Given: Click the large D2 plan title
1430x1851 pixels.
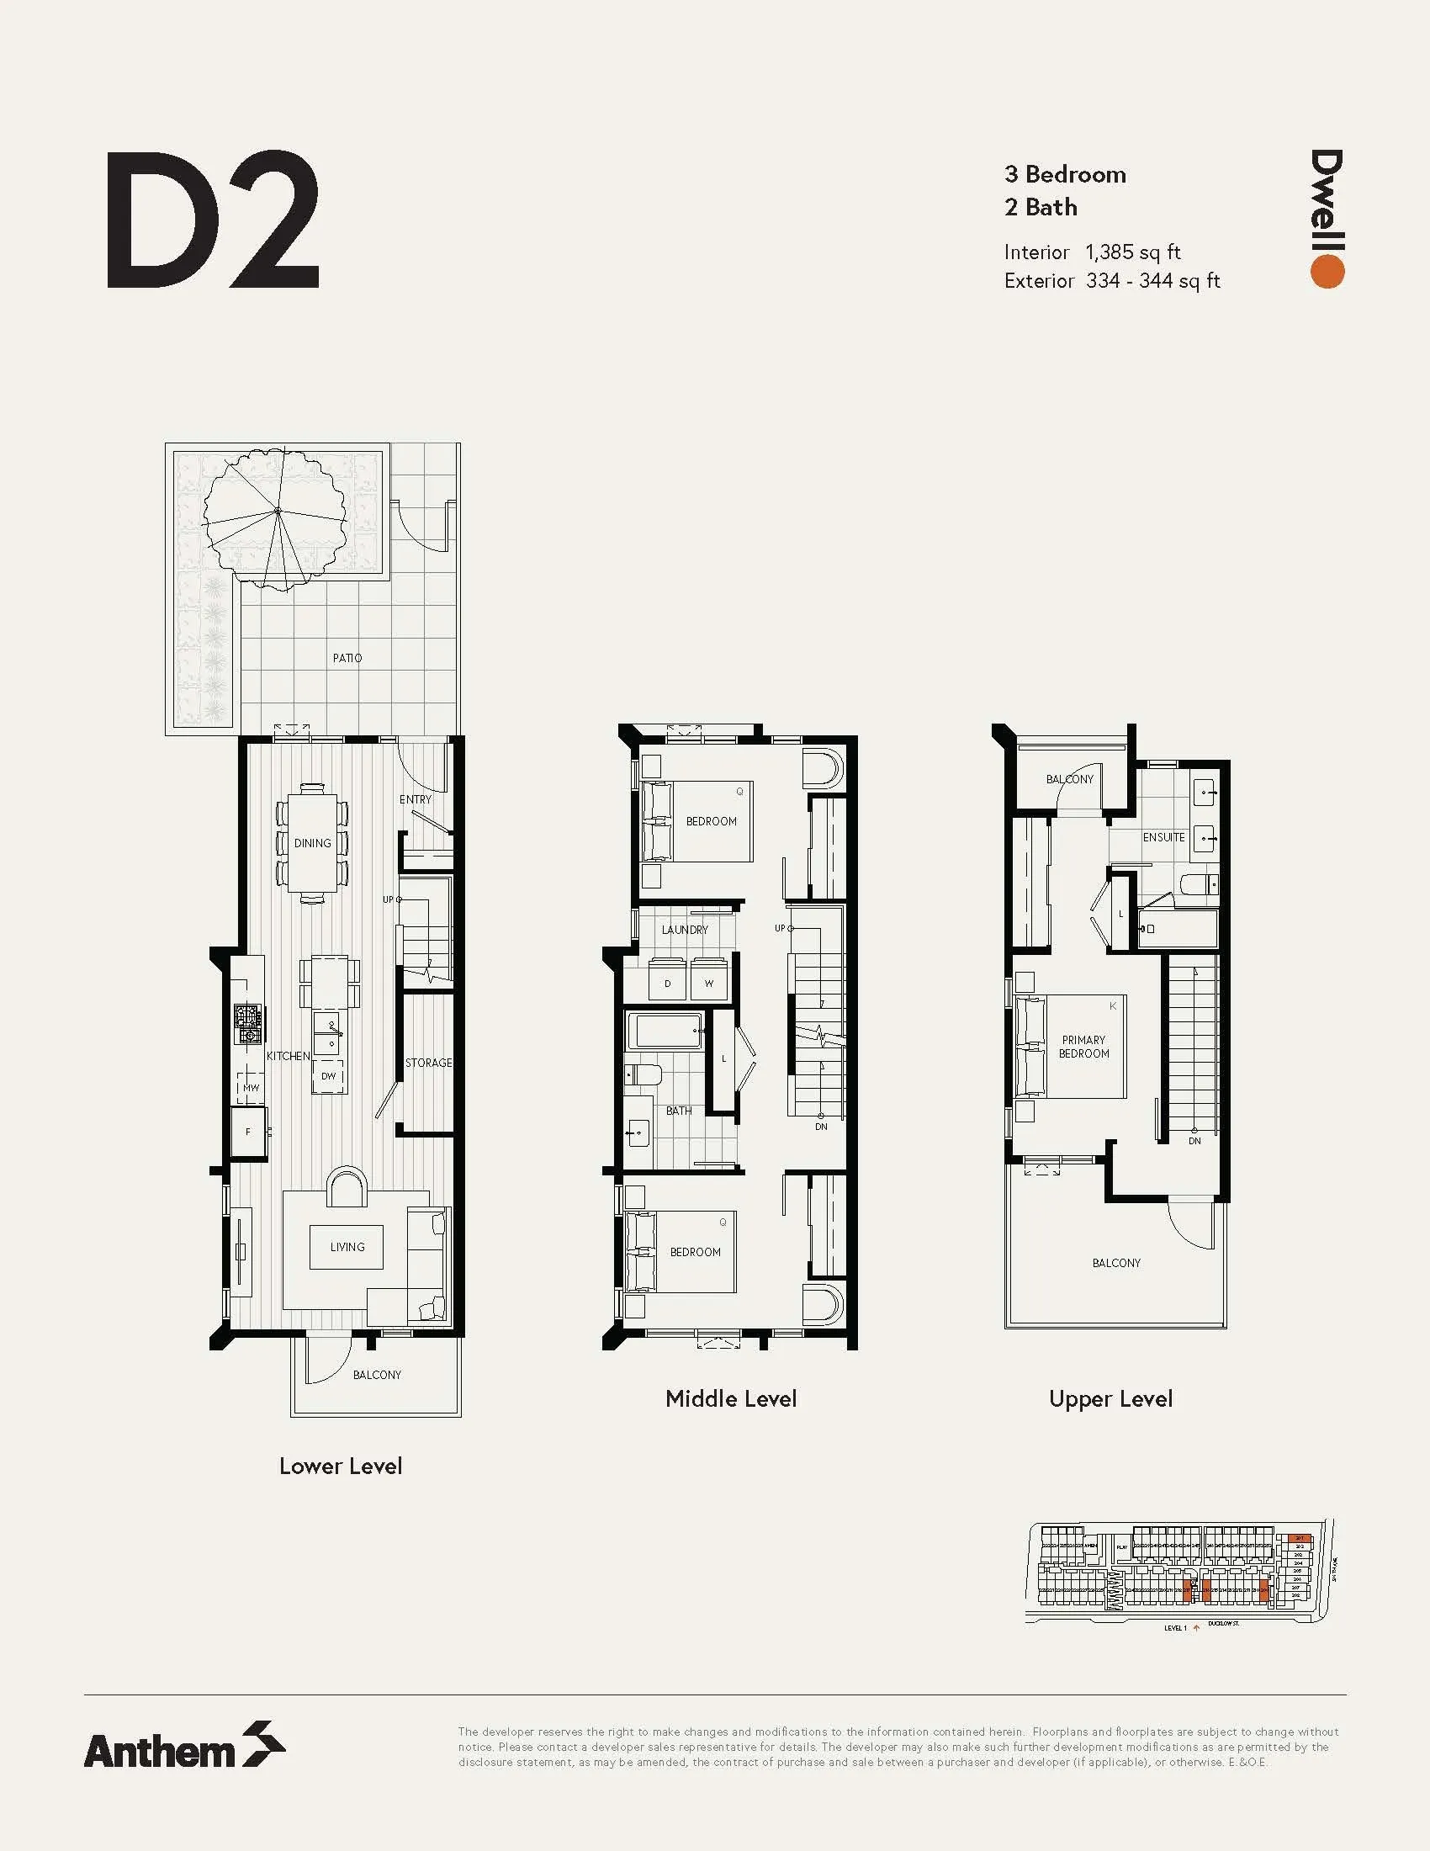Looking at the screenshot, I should coord(213,221).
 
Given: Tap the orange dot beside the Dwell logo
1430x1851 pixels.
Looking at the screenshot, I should coord(1327,271).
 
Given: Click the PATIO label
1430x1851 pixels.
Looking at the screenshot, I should coord(347,658).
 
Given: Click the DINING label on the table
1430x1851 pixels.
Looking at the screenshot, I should coord(312,843).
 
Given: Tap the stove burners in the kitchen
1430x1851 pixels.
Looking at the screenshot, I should coord(248,1024).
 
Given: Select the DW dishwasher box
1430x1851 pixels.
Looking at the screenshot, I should coord(329,1076).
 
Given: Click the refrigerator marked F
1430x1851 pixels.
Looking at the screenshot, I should coord(249,1132).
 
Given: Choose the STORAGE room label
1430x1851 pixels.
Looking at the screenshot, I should coord(428,1063).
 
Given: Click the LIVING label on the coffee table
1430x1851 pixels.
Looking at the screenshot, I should coord(347,1247).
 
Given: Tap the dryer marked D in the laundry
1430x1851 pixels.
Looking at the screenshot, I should coord(668,983).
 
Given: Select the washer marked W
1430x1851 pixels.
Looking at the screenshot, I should coord(709,983).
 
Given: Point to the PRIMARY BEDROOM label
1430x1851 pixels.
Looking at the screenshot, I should coord(1083,1047).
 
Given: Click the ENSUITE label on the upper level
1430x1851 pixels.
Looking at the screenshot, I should coord(1163,837).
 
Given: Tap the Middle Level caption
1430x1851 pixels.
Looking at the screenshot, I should coord(730,1399).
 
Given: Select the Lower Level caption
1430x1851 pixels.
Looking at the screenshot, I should coord(341,1466).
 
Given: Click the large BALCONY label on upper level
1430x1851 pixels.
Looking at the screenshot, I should coord(1115,1263).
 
